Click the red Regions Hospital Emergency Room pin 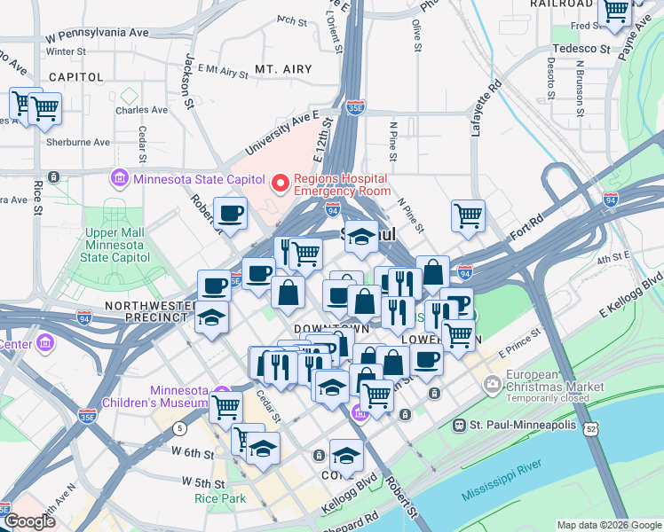[x=281, y=184]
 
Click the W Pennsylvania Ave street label [x=98, y=34]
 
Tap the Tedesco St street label [x=581, y=49]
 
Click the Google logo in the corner [x=29, y=521]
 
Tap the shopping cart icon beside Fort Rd [x=468, y=215]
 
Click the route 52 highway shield [x=590, y=429]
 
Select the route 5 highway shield [x=180, y=428]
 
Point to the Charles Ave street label [x=141, y=111]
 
